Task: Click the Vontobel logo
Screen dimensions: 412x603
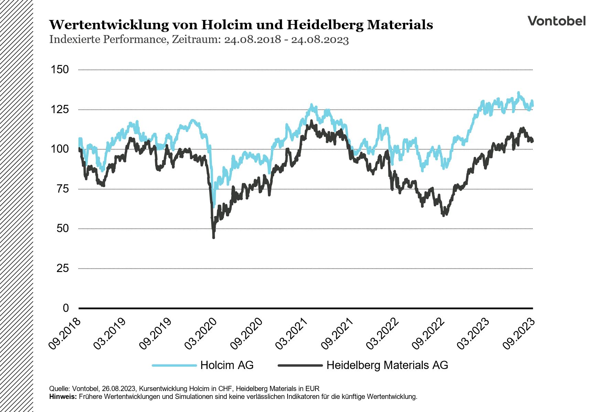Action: click(556, 21)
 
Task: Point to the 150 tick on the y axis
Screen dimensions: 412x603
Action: click(60, 70)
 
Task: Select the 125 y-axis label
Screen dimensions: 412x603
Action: click(60, 110)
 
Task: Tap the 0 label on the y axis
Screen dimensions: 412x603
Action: click(66, 308)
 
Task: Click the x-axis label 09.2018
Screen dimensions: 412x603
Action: click(64, 334)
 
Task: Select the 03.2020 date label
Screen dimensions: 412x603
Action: click(201, 334)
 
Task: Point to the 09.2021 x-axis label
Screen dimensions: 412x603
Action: click(337, 334)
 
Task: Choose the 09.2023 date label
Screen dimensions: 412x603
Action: click(519, 334)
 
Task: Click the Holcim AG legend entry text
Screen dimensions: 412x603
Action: click(227, 365)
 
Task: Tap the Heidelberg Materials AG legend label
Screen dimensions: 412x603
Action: click(387, 365)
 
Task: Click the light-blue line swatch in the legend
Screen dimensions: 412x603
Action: click(174, 365)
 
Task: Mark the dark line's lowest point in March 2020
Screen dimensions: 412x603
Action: click(214, 237)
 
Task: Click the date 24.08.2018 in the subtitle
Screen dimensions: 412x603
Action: click(252, 40)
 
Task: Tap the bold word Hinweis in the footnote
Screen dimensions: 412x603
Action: click(63, 397)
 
